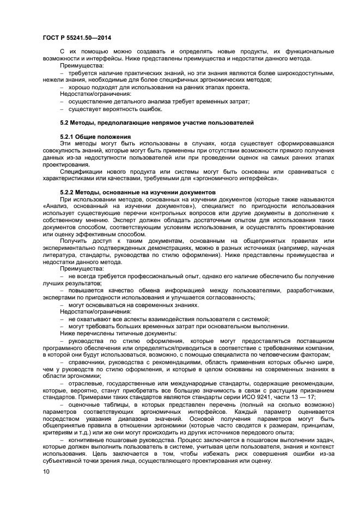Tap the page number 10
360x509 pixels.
[45, 474]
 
